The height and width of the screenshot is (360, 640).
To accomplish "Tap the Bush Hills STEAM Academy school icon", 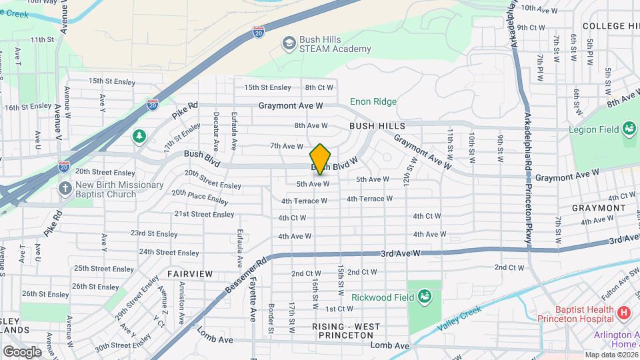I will coord(289,43).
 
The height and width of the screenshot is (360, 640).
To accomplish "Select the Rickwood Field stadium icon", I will coord(425,296).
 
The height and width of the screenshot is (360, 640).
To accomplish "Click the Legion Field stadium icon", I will coord(628,129).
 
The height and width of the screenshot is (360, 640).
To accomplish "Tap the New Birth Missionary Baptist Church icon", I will coord(65,189).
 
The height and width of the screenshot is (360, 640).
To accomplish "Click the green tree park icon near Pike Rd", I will coord(139,137).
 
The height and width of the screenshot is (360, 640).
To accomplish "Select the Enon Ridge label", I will coord(373,101).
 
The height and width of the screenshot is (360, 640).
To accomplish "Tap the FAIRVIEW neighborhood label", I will coord(190,274).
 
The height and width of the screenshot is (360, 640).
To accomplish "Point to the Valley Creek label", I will coord(459,319).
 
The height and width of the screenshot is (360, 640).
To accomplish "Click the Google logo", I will coord(22,351).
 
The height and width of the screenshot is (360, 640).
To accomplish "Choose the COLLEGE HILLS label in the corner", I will coord(611,26).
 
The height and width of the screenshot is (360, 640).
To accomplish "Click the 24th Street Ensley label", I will coord(169,253).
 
